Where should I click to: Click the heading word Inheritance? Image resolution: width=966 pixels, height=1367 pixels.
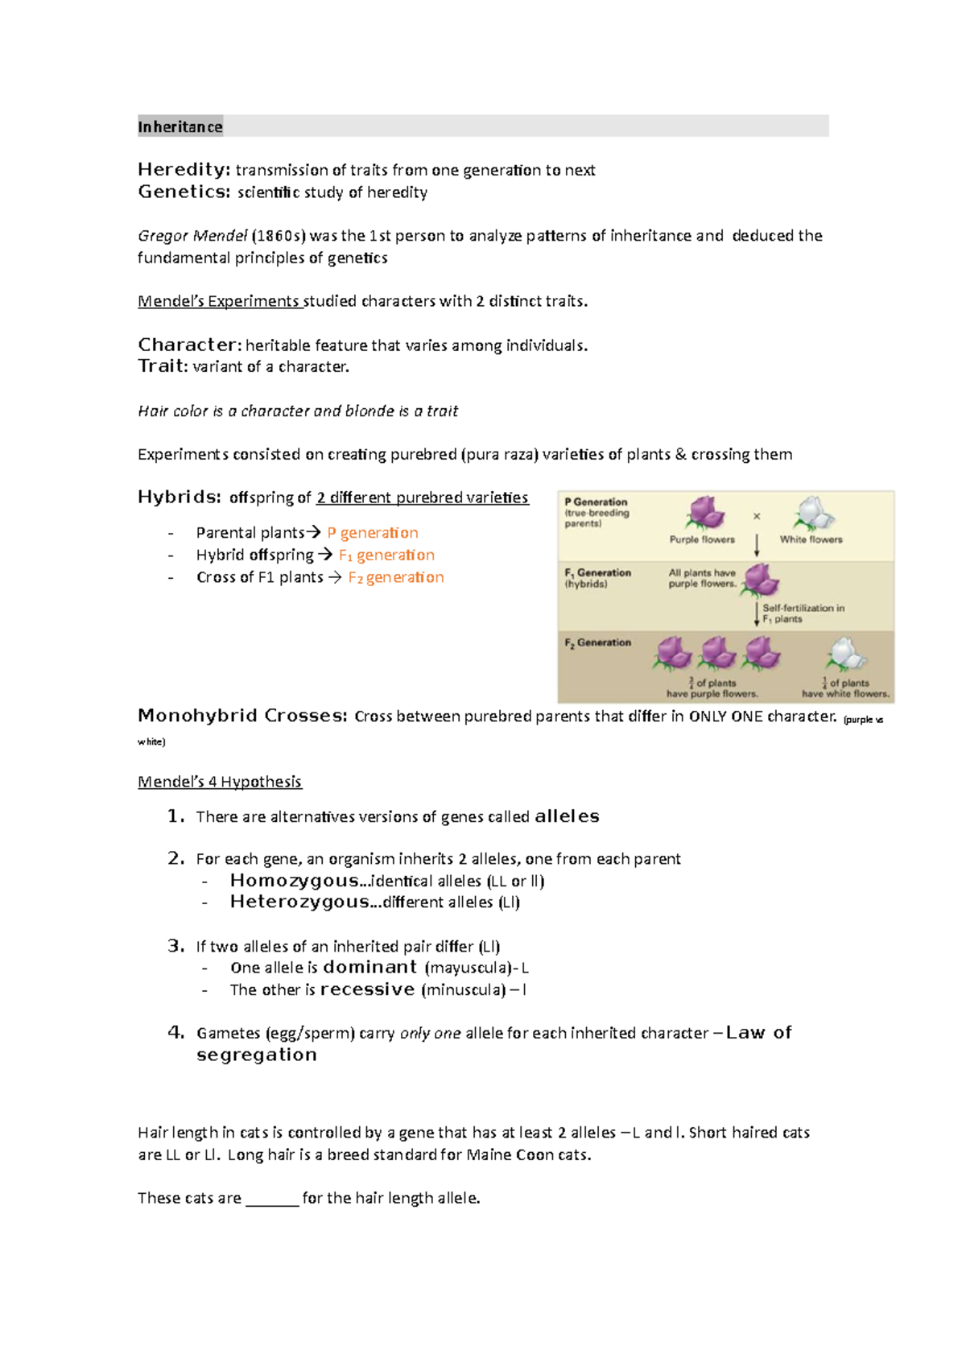[180, 127]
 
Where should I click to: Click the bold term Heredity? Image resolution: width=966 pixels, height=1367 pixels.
[184, 170]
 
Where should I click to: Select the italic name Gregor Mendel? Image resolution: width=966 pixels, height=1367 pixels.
[192, 236]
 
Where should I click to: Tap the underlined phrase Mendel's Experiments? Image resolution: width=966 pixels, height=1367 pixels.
[219, 301]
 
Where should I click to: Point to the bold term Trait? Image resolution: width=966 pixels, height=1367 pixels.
[163, 366]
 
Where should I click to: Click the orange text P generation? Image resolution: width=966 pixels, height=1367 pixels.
[373, 533]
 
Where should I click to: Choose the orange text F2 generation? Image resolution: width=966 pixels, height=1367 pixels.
[396, 577]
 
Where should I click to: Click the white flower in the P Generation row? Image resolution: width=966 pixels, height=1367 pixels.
[813, 514]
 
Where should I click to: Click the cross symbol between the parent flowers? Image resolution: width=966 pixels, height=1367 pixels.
[757, 516]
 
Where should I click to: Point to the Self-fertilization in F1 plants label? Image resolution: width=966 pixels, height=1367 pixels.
[803, 613]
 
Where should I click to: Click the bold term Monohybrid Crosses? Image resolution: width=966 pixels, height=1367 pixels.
[242, 716]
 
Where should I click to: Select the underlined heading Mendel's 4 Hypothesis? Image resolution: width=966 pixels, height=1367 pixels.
[219, 782]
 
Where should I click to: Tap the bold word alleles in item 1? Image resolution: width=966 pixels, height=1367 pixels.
[567, 816]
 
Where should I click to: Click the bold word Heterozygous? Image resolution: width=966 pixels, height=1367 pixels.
[299, 902]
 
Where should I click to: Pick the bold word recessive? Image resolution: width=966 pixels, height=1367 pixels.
[367, 989]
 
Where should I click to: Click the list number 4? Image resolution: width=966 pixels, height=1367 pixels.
[175, 1033]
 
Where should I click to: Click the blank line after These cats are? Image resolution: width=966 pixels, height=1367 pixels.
[272, 1199]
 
